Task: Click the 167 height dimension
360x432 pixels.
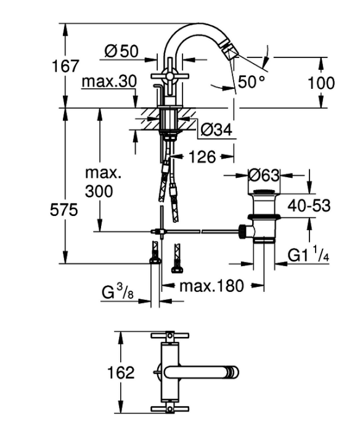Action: pos(65,66)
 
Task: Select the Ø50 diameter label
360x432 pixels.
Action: pos(121,51)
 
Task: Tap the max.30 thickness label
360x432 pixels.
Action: pos(109,81)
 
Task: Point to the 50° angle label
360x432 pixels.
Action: pos(251,82)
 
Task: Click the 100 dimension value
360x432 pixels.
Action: pos(321,83)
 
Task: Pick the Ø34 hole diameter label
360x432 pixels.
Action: pos(216,130)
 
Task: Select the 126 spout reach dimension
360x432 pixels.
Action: pos(202,157)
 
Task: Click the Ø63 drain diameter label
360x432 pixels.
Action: pos(264,175)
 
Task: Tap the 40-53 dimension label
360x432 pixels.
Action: pos(309,206)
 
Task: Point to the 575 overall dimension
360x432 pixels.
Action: pos(64,210)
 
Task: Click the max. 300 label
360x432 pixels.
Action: pos(103,182)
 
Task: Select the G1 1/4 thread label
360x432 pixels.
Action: pos(308,255)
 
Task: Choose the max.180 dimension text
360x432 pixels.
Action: pos(211,286)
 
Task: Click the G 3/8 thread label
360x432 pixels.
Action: pos(118,293)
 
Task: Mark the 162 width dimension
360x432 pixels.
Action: pos(121,373)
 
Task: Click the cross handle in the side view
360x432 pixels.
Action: pos(170,76)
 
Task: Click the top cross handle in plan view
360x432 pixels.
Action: pos(170,336)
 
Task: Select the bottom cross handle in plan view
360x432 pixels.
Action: pos(170,409)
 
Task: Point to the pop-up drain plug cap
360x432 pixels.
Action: pos(264,193)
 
